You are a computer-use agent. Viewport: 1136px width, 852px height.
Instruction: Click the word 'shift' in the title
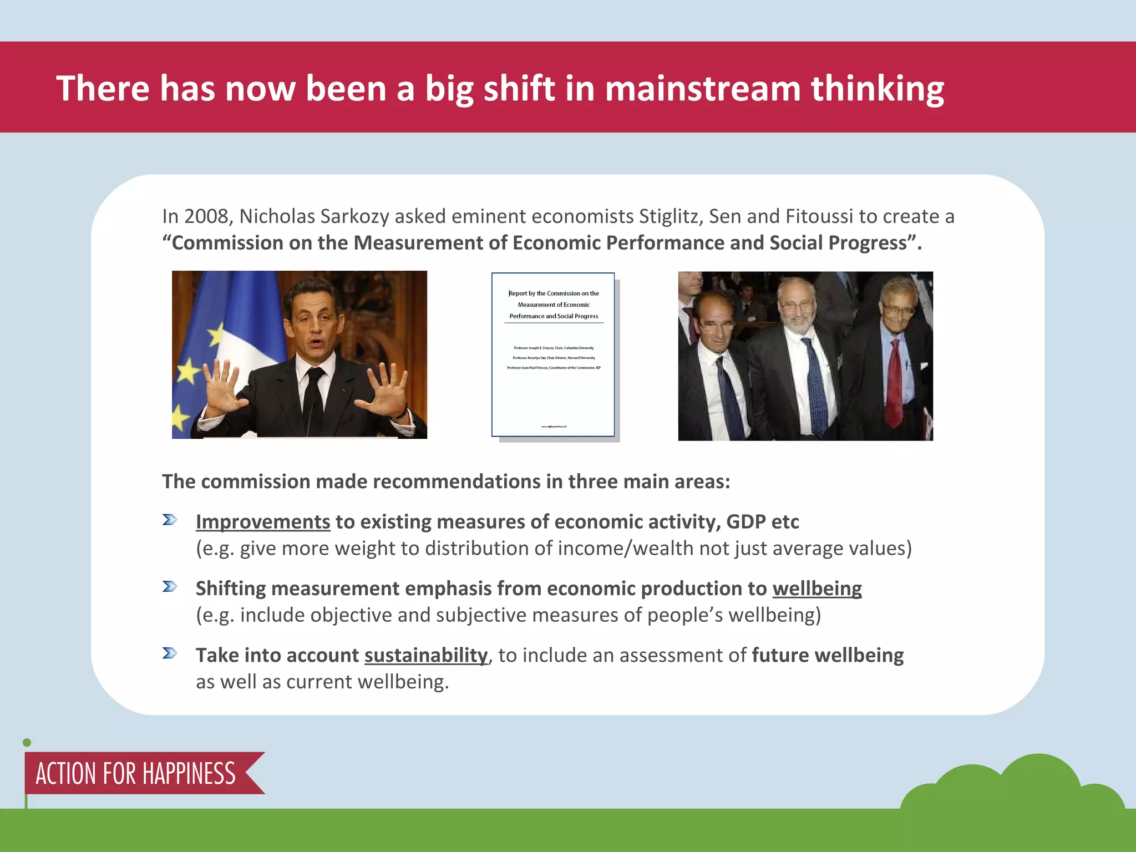[519, 89]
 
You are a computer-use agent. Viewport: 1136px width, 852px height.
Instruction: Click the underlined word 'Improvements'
[263, 522]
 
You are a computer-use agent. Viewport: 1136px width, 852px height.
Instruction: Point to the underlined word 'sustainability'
[426, 655]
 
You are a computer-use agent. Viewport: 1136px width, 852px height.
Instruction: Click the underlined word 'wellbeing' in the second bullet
[817, 589]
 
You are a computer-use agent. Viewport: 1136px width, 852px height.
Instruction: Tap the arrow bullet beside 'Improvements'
[170, 520]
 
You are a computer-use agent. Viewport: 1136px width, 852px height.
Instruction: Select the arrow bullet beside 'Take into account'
[170, 653]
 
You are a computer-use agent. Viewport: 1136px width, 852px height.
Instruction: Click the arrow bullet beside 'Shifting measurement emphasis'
[170, 586]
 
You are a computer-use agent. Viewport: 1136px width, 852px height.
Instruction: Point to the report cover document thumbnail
[553, 354]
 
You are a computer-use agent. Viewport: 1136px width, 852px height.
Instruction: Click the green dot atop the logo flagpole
[27, 743]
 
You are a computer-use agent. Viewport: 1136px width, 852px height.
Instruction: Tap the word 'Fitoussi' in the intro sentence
[819, 216]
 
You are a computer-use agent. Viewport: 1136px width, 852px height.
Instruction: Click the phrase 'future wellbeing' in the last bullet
[828, 655]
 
